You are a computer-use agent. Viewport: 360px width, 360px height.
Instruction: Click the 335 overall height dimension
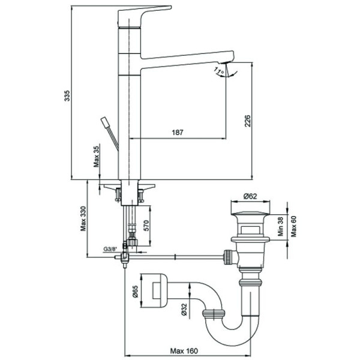(x=67, y=96)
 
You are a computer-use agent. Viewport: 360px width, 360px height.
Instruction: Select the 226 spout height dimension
(x=248, y=121)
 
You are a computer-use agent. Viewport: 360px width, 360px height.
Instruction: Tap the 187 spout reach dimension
(x=178, y=133)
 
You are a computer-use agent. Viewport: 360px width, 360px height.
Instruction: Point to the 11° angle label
(x=219, y=71)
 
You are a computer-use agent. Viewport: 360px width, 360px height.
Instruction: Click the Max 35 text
(x=96, y=157)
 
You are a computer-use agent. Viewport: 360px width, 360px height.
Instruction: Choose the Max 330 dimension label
(x=83, y=218)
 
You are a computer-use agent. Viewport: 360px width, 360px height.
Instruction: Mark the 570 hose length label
(x=146, y=226)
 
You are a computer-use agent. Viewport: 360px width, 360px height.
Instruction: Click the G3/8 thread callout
(x=110, y=248)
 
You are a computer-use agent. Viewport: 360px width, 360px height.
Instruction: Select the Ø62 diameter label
(x=250, y=197)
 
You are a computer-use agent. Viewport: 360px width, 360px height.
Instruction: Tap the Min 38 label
(x=280, y=227)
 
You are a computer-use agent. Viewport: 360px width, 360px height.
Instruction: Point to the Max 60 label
(x=293, y=226)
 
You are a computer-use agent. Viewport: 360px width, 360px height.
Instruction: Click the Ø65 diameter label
(x=135, y=292)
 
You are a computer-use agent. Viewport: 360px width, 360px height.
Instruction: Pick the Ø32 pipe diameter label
(x=184, y=310)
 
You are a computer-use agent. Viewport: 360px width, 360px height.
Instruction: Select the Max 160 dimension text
(x=184, y=351)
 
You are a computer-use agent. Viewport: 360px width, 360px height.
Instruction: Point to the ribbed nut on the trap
(x=214, y=313)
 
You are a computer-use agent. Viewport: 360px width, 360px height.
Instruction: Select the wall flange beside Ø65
(x=154, y=291)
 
